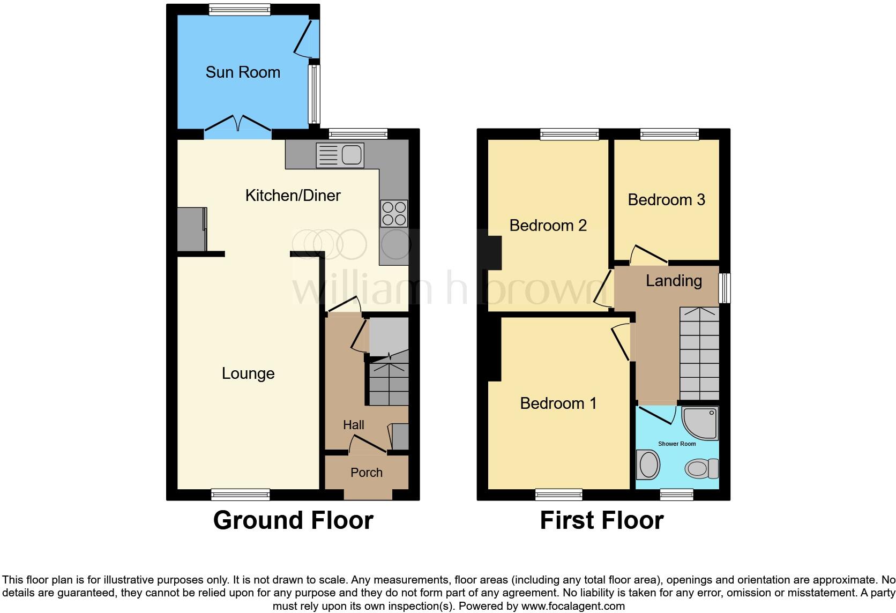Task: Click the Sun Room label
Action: pos(243,72)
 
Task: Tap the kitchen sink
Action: pos(340,155)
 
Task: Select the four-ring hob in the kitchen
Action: pos(394,213)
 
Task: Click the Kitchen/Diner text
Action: pos(293,196)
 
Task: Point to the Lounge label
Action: pos(248,373)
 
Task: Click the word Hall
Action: pos(353,425)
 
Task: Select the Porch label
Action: pos(367,473)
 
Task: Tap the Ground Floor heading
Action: pos(293,520)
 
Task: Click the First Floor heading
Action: pos(602,520)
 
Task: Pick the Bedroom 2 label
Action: pos(548,226)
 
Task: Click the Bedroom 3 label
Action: pos(666,200)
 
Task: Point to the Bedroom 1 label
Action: pos(558,403)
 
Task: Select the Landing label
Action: pos(674,281)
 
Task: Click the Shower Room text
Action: pos(677,444)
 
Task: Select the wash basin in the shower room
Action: pos(649,464)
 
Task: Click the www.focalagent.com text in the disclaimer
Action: pos(573,606)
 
